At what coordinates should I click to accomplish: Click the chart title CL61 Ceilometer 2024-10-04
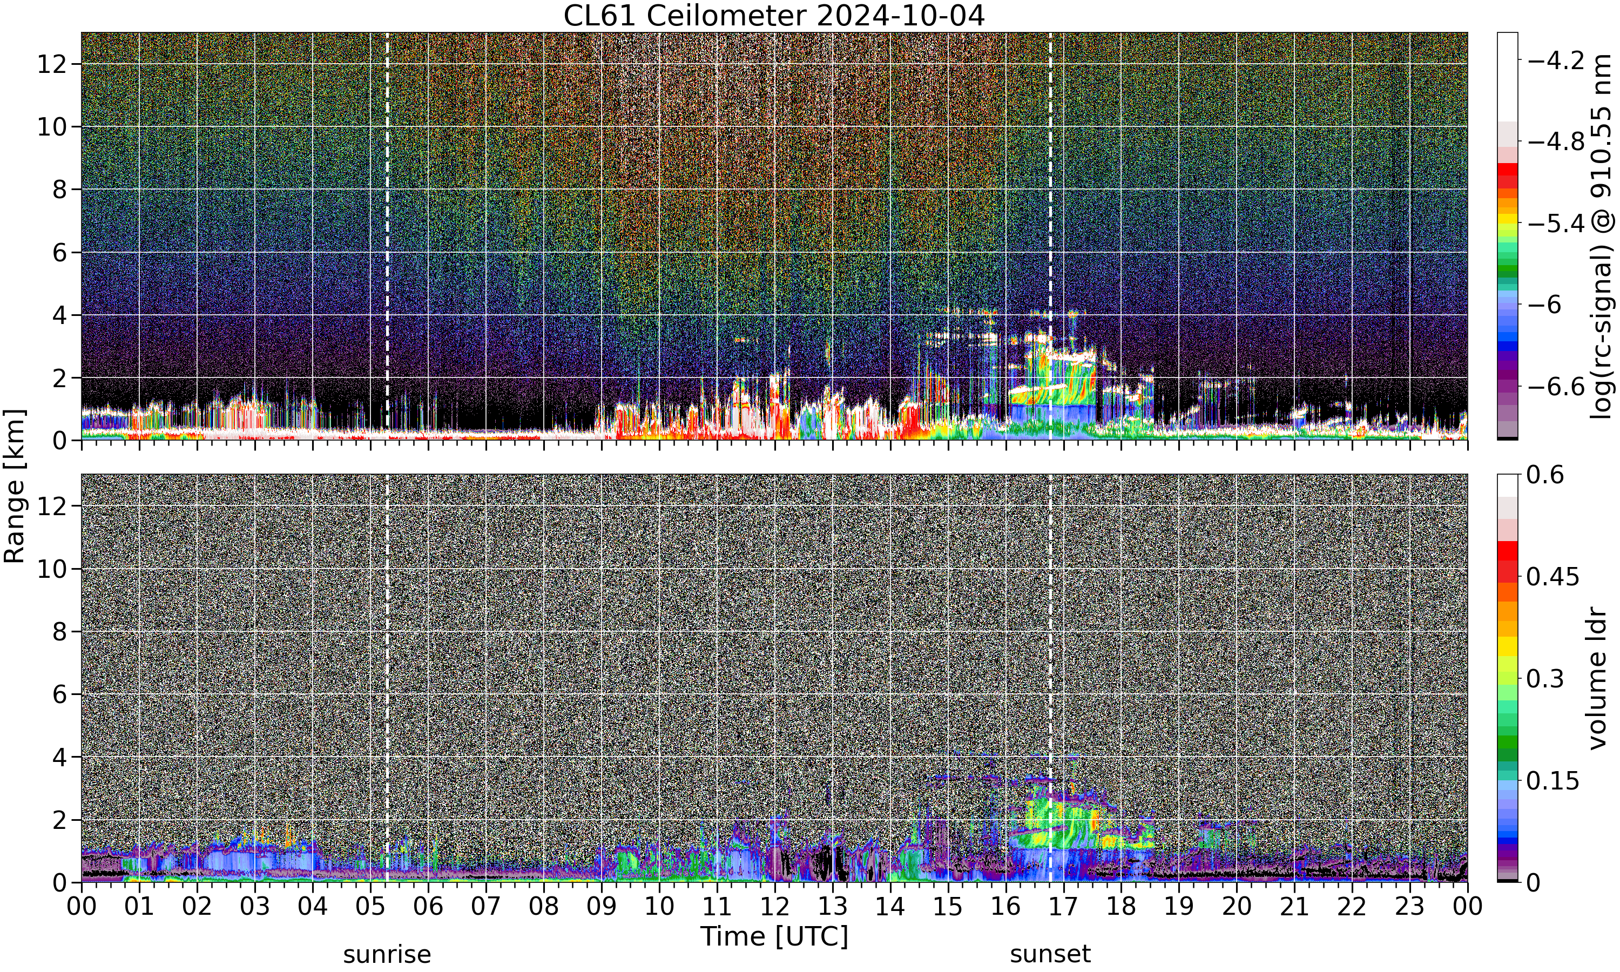click(774, 16)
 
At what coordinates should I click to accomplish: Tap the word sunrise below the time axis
click(387, 954)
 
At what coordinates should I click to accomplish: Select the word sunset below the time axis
click(1050, 954)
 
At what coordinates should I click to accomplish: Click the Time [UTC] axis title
click(774, 937)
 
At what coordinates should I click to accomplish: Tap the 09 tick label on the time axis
click(601, 907)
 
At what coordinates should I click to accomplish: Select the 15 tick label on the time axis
click(948, 907)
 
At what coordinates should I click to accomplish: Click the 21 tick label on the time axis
click(1294, 907)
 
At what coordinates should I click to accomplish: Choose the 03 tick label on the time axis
click(255, 907)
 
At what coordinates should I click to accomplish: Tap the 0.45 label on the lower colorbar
click(1553, 577)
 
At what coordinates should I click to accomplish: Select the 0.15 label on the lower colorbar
click(1553, 781)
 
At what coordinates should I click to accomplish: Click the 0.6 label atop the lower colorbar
click(1545, 475)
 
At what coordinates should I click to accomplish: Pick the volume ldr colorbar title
click(1598, 679)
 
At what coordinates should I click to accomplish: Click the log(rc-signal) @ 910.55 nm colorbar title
click(1602, 237)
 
